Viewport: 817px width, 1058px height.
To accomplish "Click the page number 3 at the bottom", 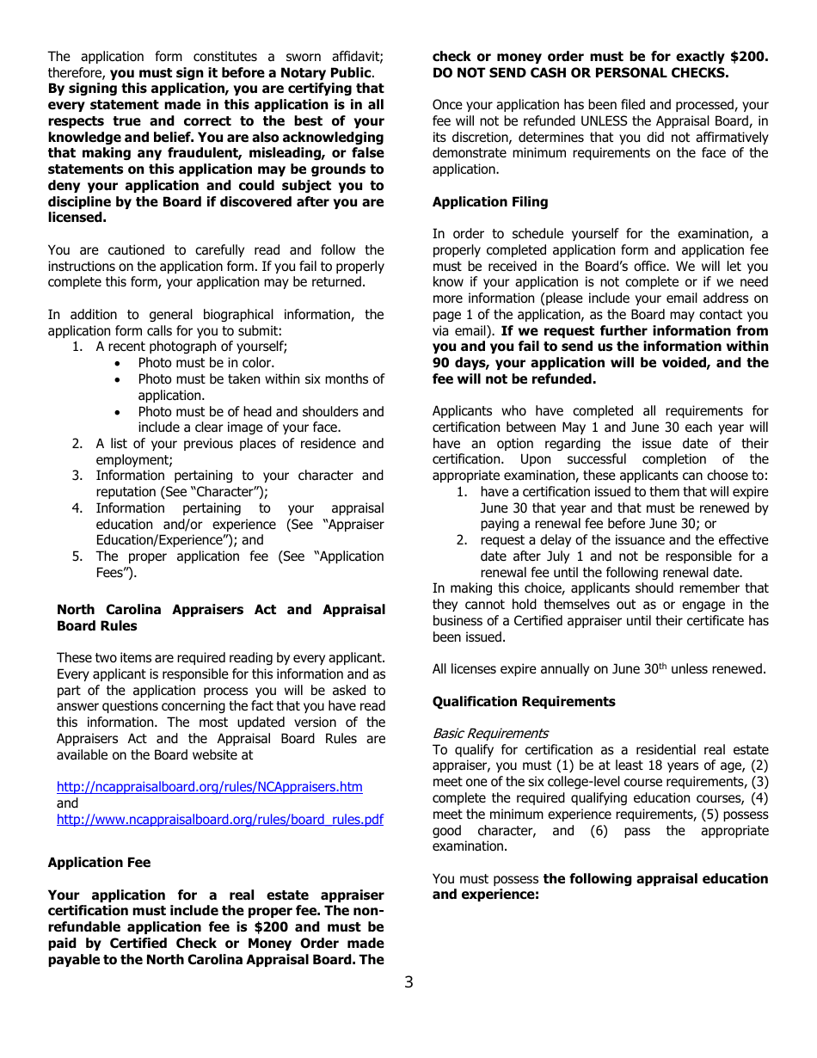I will pos(408,982).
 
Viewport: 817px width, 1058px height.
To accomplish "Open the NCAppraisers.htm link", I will pos(209,787).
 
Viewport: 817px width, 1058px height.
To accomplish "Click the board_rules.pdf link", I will pos(219,820).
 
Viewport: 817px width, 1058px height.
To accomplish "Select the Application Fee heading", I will pos(99,863).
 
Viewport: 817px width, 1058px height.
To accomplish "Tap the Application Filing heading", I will pos(489,202).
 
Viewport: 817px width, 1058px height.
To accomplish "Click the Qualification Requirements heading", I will pos(523,702).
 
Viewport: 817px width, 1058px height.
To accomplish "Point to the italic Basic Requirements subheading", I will pos(489,734).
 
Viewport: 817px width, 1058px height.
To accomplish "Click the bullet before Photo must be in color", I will pos(118,364).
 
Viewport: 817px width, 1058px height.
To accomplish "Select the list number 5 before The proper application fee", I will pos(77,557).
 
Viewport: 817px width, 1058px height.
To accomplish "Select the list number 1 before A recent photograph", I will pos(77,347).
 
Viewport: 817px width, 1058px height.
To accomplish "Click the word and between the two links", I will pos(67,803).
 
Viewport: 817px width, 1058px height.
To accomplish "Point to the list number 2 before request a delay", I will pos(461,540).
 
